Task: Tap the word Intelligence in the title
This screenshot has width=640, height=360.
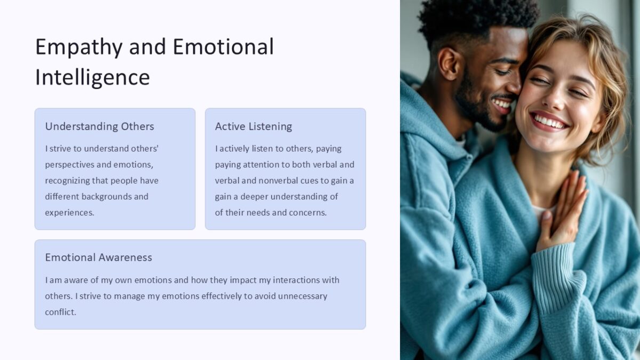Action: pos(92,77)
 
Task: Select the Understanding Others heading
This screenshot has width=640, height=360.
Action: pos(99,126)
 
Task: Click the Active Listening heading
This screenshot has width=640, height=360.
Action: pos(253,126)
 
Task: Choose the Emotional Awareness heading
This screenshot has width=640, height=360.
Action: pos(98,257)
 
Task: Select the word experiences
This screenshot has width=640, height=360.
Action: pos(69,212)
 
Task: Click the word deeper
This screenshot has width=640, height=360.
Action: pos(254,196)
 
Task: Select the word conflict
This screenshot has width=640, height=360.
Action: pos(60,312)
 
